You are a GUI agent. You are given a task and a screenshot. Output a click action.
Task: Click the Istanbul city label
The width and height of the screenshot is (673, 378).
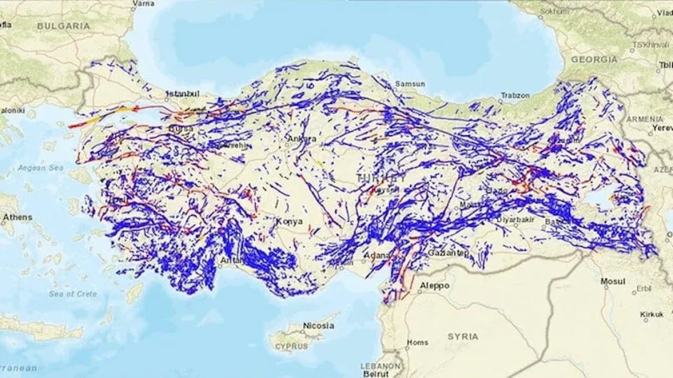(182, 94)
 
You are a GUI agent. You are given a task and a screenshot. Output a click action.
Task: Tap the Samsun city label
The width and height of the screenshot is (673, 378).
(410, 84)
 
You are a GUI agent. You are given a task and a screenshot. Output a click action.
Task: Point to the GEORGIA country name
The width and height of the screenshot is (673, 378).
(594, 59)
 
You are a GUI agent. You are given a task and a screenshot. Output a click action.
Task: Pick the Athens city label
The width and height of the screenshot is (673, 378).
(17, 217)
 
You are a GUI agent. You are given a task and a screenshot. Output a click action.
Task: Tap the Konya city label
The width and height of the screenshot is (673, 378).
(290, 221)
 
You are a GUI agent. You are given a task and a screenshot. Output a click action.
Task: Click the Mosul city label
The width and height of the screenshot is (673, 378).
(613, 281)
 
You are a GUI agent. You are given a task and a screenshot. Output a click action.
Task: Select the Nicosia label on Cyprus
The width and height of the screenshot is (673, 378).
(318, 325)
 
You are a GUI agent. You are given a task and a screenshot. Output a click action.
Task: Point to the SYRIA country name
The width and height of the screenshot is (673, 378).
(463, 336)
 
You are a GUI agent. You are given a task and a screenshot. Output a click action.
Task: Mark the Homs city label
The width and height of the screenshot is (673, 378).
(418, 342)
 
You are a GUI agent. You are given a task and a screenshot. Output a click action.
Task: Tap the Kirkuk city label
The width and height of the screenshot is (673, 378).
(652, 314)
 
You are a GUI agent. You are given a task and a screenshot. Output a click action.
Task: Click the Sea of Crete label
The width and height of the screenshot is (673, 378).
(73, 294)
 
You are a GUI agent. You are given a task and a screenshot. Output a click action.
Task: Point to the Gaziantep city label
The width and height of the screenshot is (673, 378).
(448, 253)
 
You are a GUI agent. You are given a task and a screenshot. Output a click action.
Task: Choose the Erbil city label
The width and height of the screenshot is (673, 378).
(644, 288)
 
